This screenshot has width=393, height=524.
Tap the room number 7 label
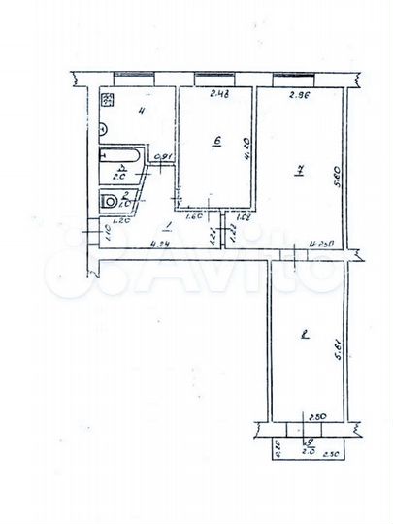[x=300, y=173]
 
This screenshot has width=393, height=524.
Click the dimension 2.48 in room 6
[x=219, y=94]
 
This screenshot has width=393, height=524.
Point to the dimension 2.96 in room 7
[x=299, y=95]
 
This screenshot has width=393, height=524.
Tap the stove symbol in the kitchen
[x=109, y=99]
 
